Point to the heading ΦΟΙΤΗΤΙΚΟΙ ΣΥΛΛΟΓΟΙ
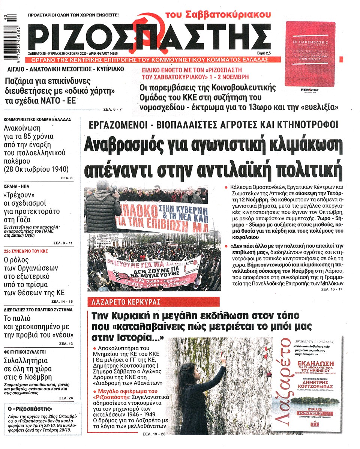pos(24,352)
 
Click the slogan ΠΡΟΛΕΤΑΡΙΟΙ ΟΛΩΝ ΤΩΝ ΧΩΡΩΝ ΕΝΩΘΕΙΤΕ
pos(73,15)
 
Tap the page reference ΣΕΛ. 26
pos(67,398)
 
